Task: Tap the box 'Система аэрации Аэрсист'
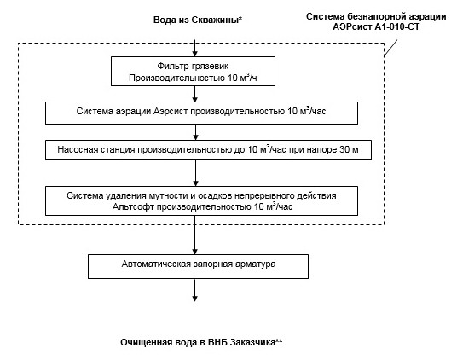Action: (195, 111)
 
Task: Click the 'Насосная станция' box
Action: (195, 149)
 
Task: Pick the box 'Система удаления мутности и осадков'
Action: (195, 201)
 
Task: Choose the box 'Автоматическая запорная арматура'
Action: (195, 265)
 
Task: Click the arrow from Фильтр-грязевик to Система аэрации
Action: (195, 92)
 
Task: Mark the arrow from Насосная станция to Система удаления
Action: (195, 173)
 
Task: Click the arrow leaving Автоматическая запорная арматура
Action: (195, 290)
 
